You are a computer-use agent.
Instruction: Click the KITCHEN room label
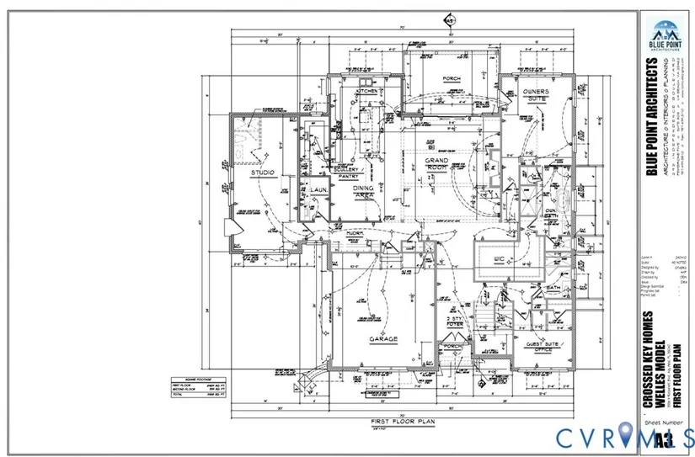click(x=369, y=90)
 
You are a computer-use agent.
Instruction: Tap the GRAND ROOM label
click(x=436, y=164)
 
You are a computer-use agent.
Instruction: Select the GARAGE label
click(x=382, y=340)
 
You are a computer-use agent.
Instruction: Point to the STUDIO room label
click(x=264, y=173)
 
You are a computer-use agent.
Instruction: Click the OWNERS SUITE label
click(x=536, y=94)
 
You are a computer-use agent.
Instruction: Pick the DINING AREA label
click(x=364, y=193)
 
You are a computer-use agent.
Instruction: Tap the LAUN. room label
click(x=318, y=190)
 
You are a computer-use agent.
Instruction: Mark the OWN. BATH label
click(x=551, y=215)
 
